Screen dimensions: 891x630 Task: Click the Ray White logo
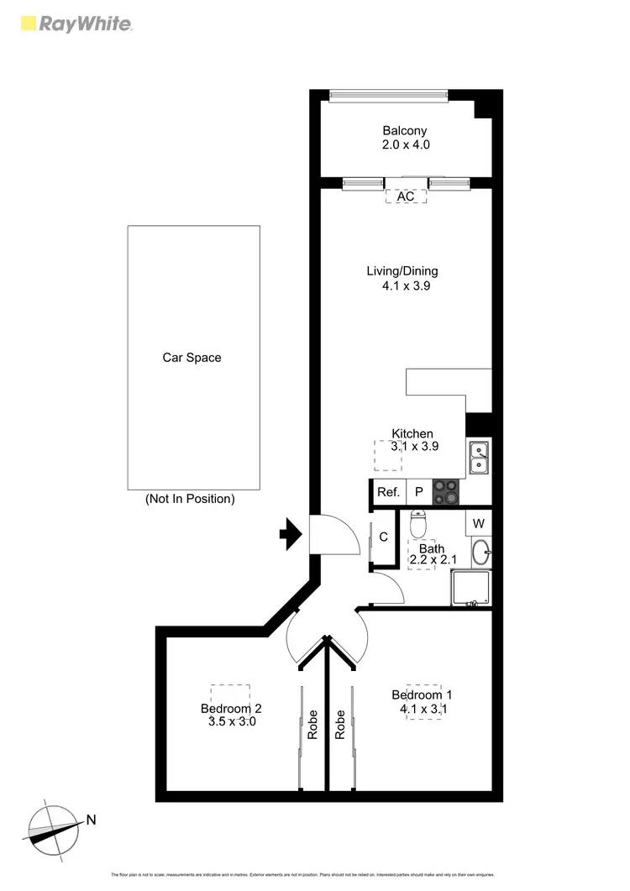[x=76, y=24]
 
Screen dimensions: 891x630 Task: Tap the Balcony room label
[x=405, y=131]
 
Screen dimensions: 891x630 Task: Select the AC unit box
[x=406, y=197]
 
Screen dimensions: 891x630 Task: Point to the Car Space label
[x=192, y=358]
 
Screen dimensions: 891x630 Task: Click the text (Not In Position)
[x=190, y=499]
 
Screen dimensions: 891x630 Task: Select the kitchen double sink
[x=479, y=457]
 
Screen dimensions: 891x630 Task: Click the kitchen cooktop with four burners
[x=446, y=491]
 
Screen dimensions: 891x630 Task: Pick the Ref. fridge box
[x=388, y=493]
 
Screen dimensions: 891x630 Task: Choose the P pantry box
[x=418, y=493]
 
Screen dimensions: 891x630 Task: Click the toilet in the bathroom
[x=418, y=524]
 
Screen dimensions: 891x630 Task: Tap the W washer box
[x=478, y=523]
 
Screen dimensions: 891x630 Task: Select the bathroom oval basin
[x=479, y=553]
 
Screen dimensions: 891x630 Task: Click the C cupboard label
[x=383, y=537]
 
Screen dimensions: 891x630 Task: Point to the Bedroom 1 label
[x=422, y=695]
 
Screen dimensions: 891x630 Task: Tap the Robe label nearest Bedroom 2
[x=312, y=725]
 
